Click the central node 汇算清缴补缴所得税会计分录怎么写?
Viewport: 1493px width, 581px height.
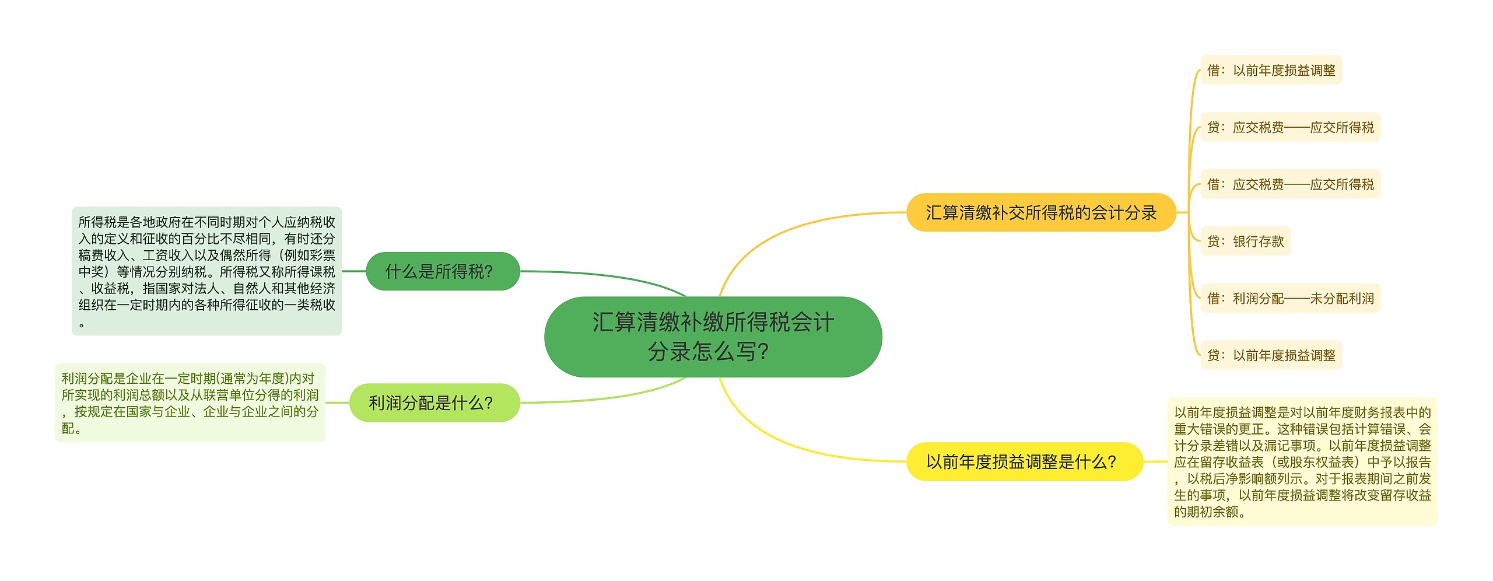click(x=713, y=337)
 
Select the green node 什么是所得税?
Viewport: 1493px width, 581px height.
click(x=442, y=271)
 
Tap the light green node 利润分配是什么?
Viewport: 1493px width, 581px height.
click(x=434, y=402)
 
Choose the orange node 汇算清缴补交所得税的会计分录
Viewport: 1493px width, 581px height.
click(x=1040, y=212)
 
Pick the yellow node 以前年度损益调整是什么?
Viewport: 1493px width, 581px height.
click(x=1024, y=461)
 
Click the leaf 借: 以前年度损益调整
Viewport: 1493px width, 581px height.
click(x=1271, y=70)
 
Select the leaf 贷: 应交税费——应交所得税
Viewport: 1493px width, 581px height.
click(x=1290, y=127)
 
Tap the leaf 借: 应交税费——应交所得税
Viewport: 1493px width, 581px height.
click(x=1290, y=184)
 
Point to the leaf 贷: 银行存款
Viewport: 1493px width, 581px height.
click(x=1245, y=241)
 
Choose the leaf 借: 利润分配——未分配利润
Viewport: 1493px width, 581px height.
click(x=1290, y=298)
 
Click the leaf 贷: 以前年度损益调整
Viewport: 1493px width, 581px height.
click(x=1271, y=355)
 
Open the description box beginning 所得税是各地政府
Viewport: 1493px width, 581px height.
click(x=206, y=271)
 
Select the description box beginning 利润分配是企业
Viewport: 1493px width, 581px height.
click(x=190, y=402)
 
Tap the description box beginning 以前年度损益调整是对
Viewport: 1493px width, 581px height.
click(x=1302, y=461)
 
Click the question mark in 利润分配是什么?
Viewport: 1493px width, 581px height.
click(x=488, y=403)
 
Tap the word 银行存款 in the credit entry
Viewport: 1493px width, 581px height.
click(x=1258, y=241)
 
